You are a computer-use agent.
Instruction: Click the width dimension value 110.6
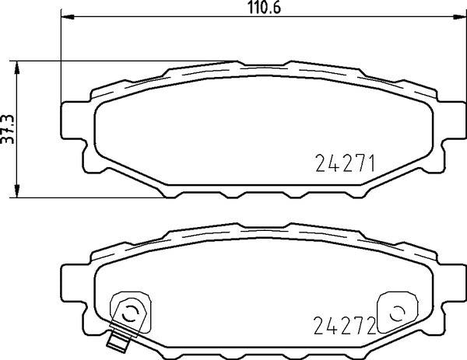pos(265,8)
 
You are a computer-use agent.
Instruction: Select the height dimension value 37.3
pos(8,129)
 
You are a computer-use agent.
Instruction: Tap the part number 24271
pos(345,163)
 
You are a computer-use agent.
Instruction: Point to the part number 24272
pos(345,325)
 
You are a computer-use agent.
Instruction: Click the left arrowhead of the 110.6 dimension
pos(67,17)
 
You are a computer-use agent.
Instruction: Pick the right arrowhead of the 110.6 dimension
pos(460,17)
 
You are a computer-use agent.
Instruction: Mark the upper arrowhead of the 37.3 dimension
pos(17,67)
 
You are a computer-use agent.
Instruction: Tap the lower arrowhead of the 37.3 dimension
pos(17,191)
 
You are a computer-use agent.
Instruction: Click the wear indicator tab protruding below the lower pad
pos(118,342)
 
